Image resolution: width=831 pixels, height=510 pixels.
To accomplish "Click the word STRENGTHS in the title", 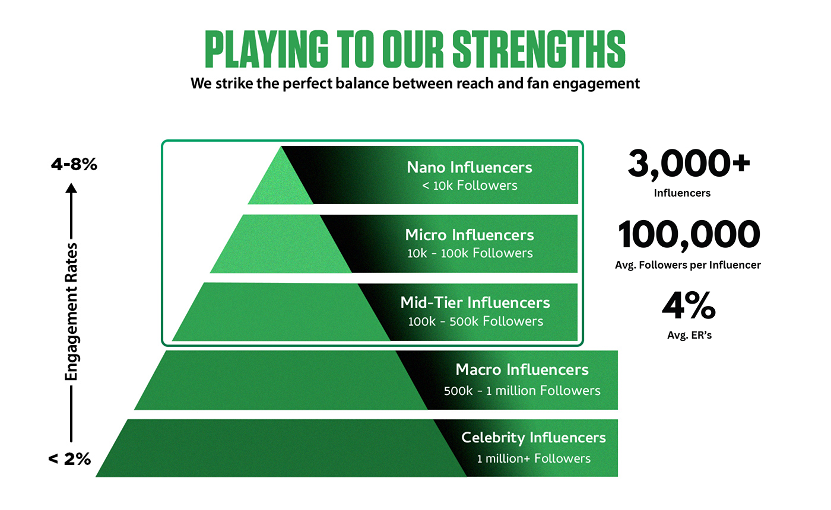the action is pos(539,49).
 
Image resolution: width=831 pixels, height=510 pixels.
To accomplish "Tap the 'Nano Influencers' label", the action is pos(470,167).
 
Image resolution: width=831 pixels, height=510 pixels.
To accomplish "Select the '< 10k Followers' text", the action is pos(470,185).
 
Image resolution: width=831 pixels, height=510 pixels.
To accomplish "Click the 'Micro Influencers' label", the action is pos(470,235).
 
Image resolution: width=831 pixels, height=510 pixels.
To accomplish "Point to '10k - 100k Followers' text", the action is pos(470,253).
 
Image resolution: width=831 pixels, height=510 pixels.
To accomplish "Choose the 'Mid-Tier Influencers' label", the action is pos(475,303).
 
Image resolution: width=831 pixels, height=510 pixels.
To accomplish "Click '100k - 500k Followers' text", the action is pos(475,321).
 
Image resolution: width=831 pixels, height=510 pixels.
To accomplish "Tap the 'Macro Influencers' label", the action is pos(522,369).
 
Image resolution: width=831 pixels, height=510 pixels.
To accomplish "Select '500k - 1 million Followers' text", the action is pos(522,391).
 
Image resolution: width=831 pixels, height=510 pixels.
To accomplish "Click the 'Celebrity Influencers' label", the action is pos(534,438).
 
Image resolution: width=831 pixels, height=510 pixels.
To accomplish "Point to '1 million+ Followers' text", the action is pos(534,459).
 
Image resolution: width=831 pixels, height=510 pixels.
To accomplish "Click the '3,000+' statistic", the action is pos(689,164).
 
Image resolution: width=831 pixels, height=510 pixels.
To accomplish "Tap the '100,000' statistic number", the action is pos(689,234).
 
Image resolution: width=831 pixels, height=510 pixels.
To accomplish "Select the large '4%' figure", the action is pos(689,305).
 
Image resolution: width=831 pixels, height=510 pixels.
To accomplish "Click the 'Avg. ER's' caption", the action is pos(689,336).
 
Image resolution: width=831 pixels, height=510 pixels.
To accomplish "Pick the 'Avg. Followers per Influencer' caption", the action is pos(688,265).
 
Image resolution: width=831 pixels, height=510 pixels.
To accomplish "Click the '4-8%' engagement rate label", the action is pos(74,164).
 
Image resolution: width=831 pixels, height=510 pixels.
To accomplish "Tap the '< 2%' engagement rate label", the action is pos(69,459).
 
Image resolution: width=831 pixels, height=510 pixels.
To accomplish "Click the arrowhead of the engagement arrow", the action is pos(71,188).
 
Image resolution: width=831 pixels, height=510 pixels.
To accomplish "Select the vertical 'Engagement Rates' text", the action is pos(71,312).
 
